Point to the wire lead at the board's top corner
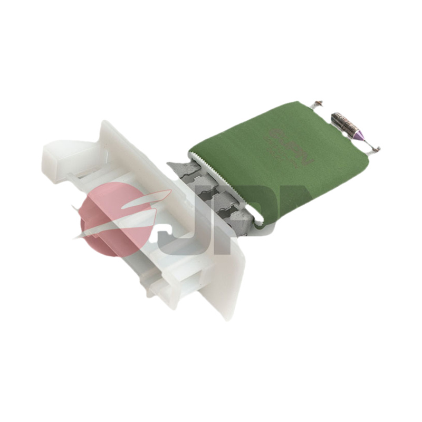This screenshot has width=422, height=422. pos(316,104)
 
